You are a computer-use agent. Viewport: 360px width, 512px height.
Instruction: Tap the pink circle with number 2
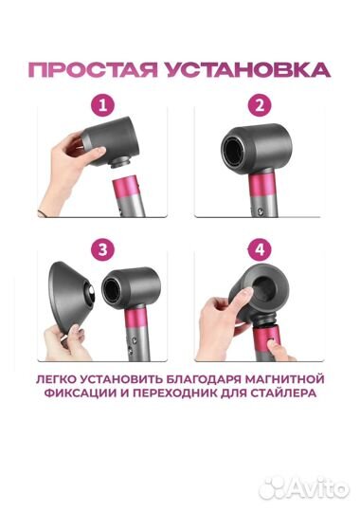(258, 103)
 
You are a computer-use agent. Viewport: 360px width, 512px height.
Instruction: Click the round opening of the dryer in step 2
(237, 154)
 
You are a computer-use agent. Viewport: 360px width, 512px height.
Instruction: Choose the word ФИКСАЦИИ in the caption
(78, 397)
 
